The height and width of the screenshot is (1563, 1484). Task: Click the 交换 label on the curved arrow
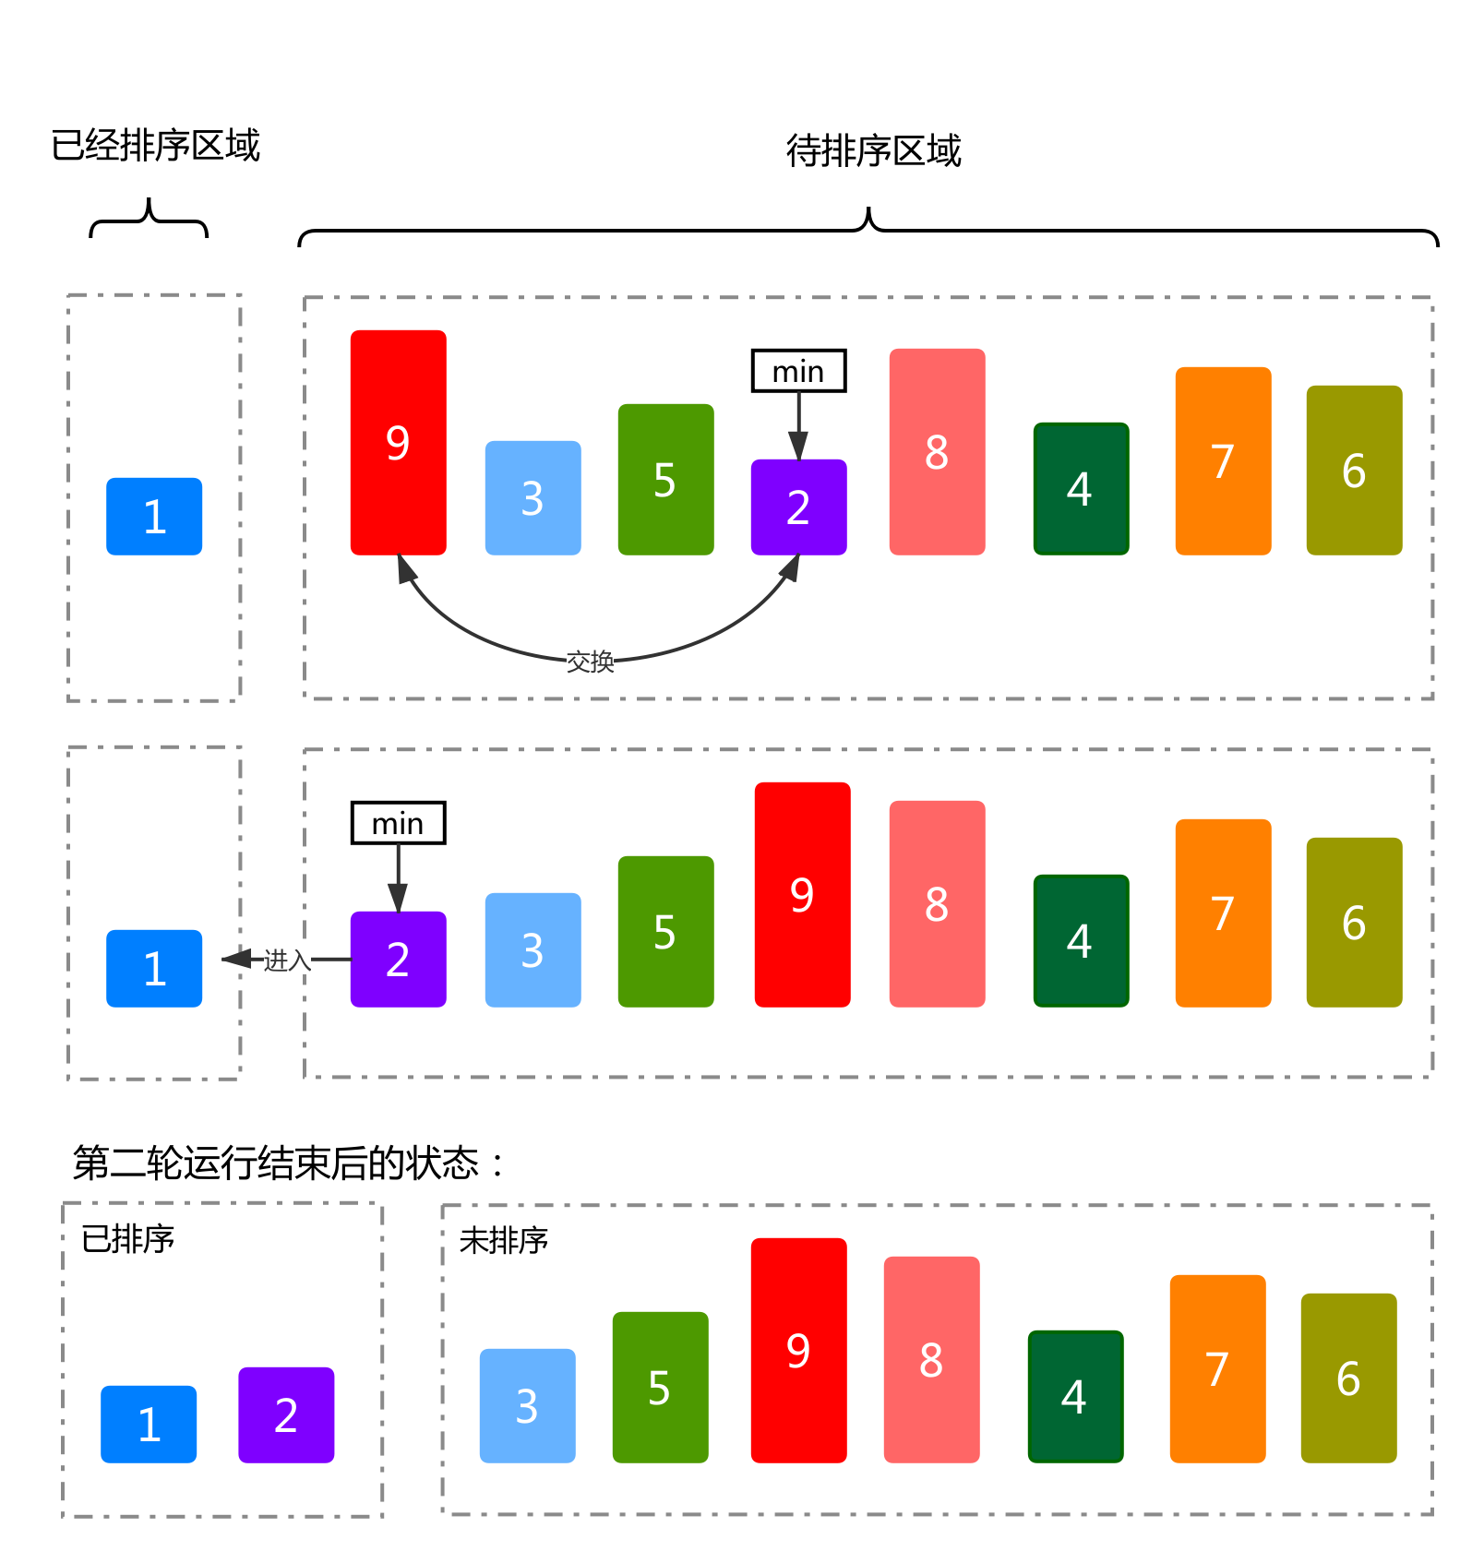click(x=591, y=661)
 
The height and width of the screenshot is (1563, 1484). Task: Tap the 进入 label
click(x=287, y=960)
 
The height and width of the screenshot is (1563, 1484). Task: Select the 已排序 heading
click(x=128, y=1238)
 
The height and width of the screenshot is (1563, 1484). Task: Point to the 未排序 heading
click(x=504, y=1240)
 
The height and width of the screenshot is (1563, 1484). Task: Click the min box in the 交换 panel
click(x=798, y=371)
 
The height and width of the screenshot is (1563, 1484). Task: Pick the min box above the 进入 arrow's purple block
click(x=398, y=823)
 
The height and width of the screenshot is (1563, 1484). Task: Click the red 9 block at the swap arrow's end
click(x=398, y=443)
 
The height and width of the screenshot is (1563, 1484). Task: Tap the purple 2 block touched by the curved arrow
click(x=798, y=507)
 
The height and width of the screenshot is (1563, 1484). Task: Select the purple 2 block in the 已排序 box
click(x=286, y=1414)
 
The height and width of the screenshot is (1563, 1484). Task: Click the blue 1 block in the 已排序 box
click(x=149, y=1424)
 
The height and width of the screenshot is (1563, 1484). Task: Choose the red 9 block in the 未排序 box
click(x=798, y=1350)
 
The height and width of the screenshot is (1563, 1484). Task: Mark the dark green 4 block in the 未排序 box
click(x=1075, y=1396)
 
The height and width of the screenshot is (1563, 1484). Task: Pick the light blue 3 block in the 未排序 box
click(x=527, y=1405)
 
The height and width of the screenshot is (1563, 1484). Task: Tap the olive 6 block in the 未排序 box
click(x=1348, y=1378)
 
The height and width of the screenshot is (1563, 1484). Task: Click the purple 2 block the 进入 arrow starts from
click(x=398, y=959)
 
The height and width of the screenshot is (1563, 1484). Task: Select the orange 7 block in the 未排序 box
click(x=1217, y=1368)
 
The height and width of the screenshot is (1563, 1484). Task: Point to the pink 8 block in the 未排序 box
click(x=931, y=1359)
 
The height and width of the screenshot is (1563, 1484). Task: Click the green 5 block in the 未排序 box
click(x=660, y=1387)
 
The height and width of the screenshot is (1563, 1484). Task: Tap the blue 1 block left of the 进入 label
click(x=154, y=968)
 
